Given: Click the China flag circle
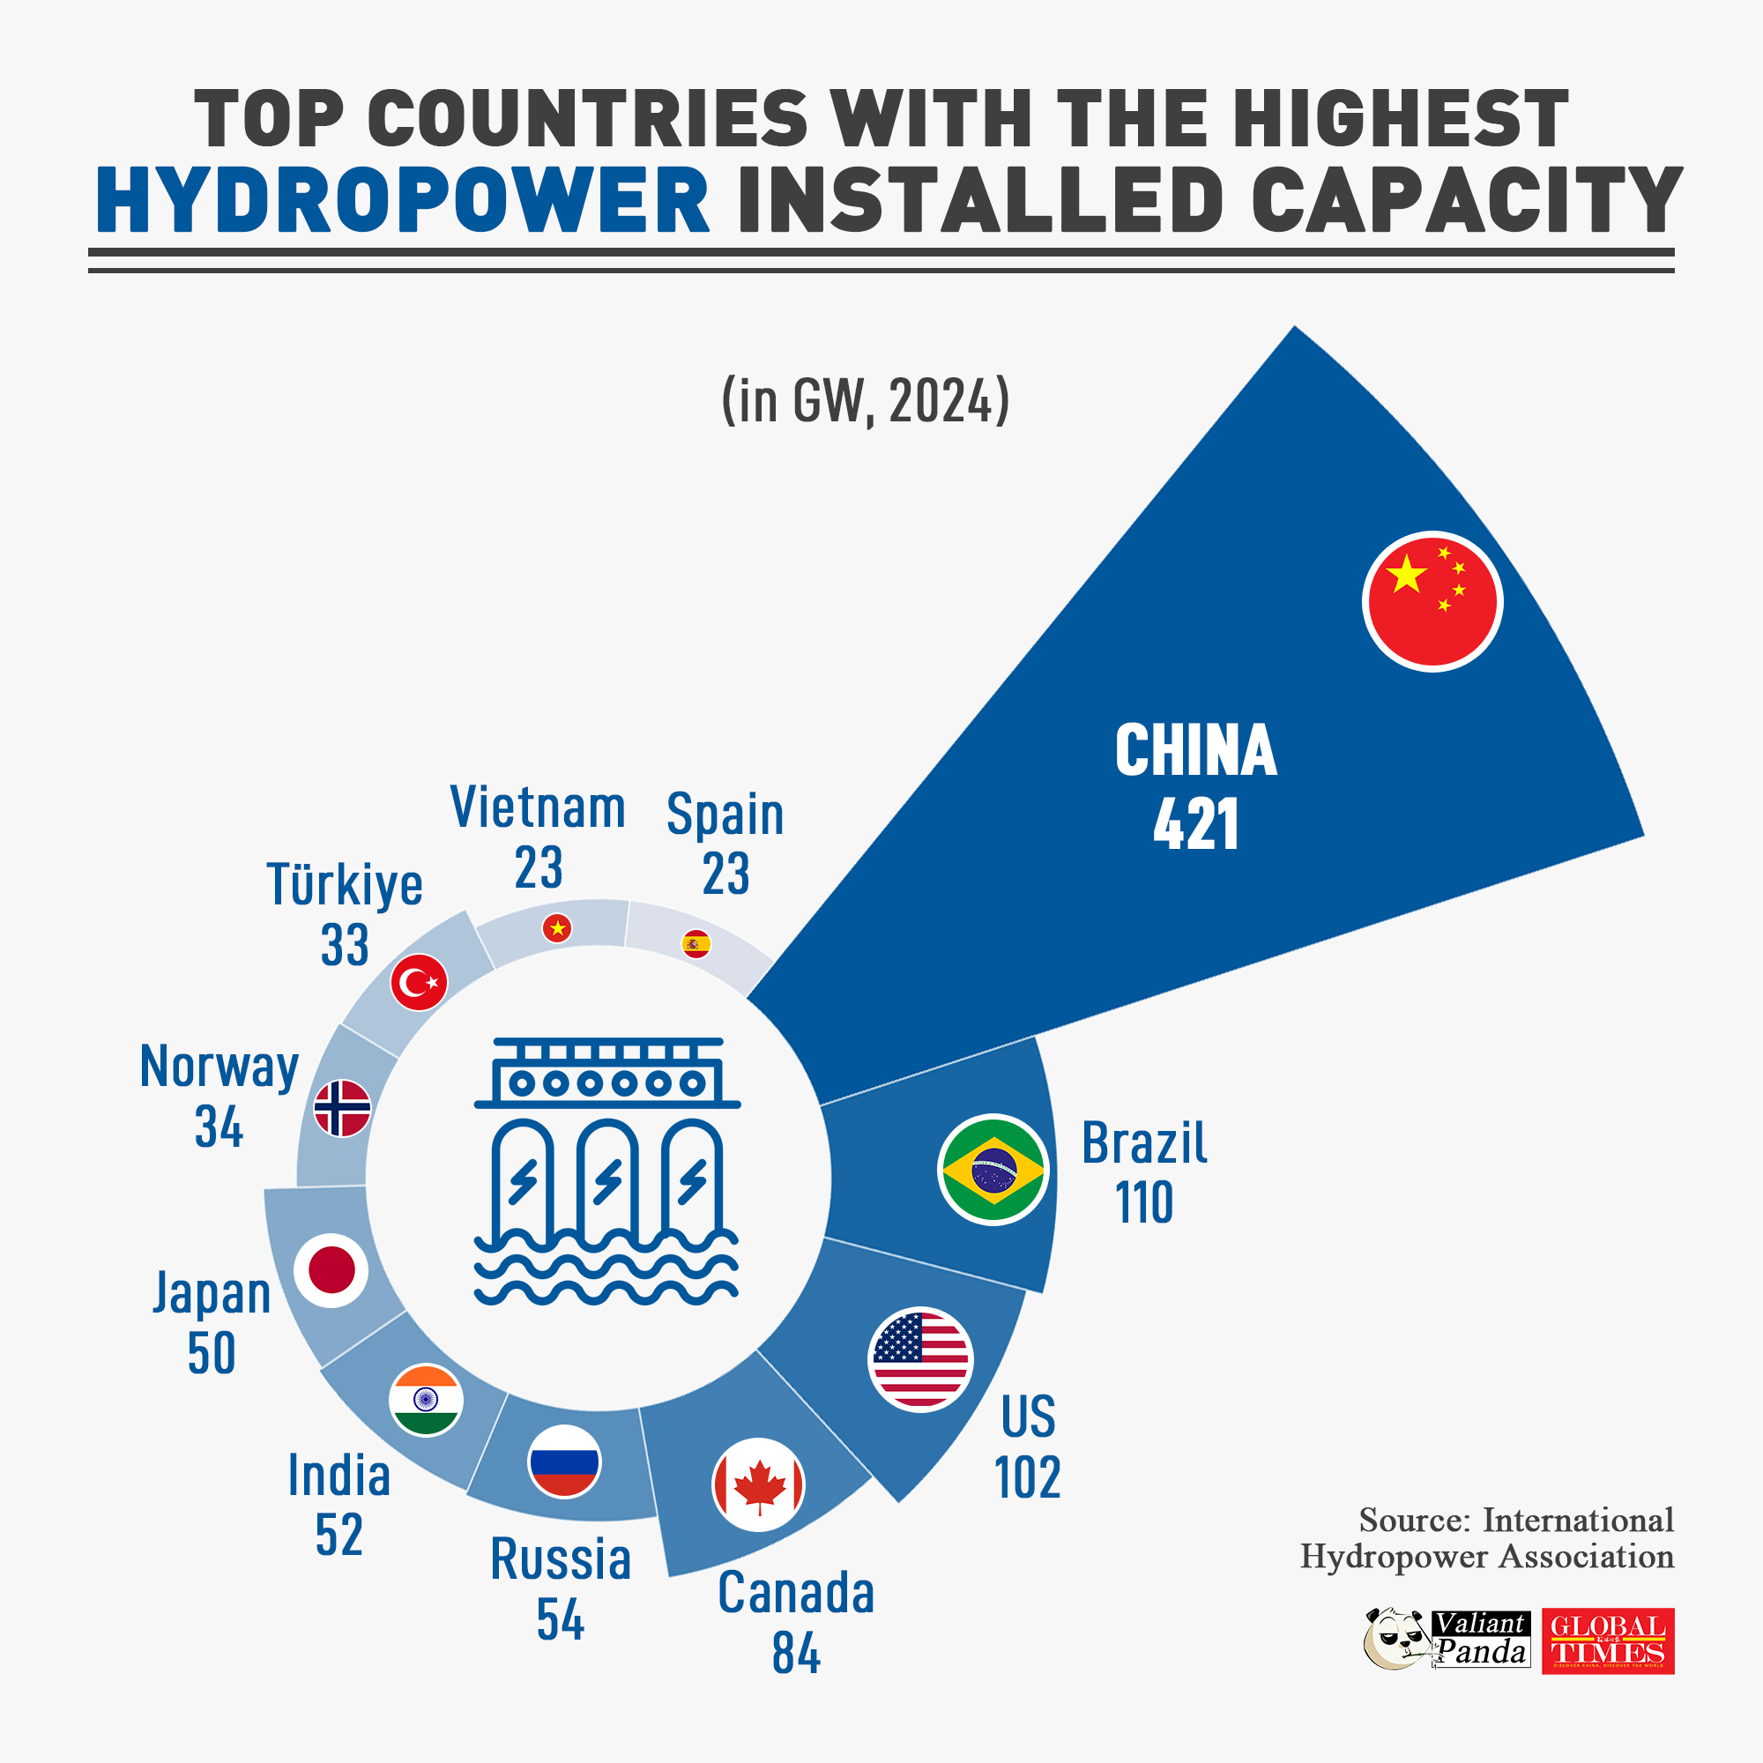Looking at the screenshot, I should (x=1432, y=601).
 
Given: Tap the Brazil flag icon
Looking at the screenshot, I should (x=993, y=1170).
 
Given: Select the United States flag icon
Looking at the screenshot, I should (x=919, y=1359).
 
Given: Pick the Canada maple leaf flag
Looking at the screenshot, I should (x=758, y=1484).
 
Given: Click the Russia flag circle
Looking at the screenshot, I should (x=564, y=1461).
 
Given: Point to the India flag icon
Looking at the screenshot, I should (x=425, y=1400).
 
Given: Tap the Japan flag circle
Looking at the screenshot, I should (x=331, y=1270).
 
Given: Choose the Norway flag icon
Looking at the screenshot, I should (x=342, y=1109).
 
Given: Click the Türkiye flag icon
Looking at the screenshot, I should (x=419, y=983).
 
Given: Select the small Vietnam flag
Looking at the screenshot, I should (x=556, y=929).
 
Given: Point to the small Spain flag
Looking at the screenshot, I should (x=696, y=943).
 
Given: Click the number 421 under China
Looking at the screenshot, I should (x=1195, y=824).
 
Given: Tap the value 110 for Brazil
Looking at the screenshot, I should (x=1143, y=1202).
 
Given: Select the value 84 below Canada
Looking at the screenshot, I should (x=796, y=1654).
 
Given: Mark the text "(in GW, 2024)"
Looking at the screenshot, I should (x=865, y=399).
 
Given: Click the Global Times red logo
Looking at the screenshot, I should (x=1608, y=1641).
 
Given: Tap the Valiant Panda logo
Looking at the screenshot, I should (x=1447, y=1639).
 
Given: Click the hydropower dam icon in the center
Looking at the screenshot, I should (x=606, y=1171).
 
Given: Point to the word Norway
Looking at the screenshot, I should (x=219, y=1066).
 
